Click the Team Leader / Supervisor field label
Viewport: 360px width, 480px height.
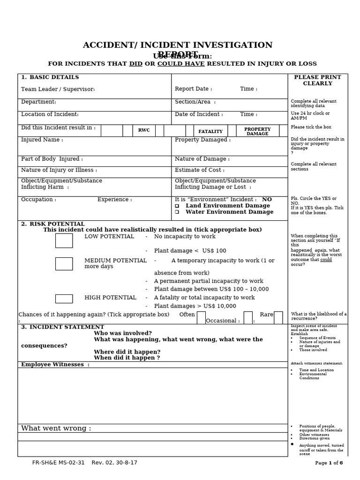click(58, 89)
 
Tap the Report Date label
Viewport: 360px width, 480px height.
click(193, 89)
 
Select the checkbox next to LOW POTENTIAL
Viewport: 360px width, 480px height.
click(64, 240)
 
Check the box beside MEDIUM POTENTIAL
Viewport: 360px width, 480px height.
click(64, 263)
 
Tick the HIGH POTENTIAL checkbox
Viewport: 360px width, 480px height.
click(64, 299)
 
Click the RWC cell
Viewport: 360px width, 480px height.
click(144, 130)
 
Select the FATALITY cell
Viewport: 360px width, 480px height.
click(210, 131)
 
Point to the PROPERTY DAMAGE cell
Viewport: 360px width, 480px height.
click(257, 131)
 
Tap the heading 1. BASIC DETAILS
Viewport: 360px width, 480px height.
click(50, 77)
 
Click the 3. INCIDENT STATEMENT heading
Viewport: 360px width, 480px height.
click(62, 327)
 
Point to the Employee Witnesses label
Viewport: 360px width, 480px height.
click(55, 365)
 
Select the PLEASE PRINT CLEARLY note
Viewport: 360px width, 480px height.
click(317, 80)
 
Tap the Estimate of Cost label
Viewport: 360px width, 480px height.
click(199, 170)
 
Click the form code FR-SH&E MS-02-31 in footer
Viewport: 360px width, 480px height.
click(59, 463)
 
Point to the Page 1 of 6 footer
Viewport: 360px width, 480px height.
click(329, 463)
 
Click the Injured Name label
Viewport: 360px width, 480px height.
click(42, 140)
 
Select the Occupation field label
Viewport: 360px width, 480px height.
click(38, 200)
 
